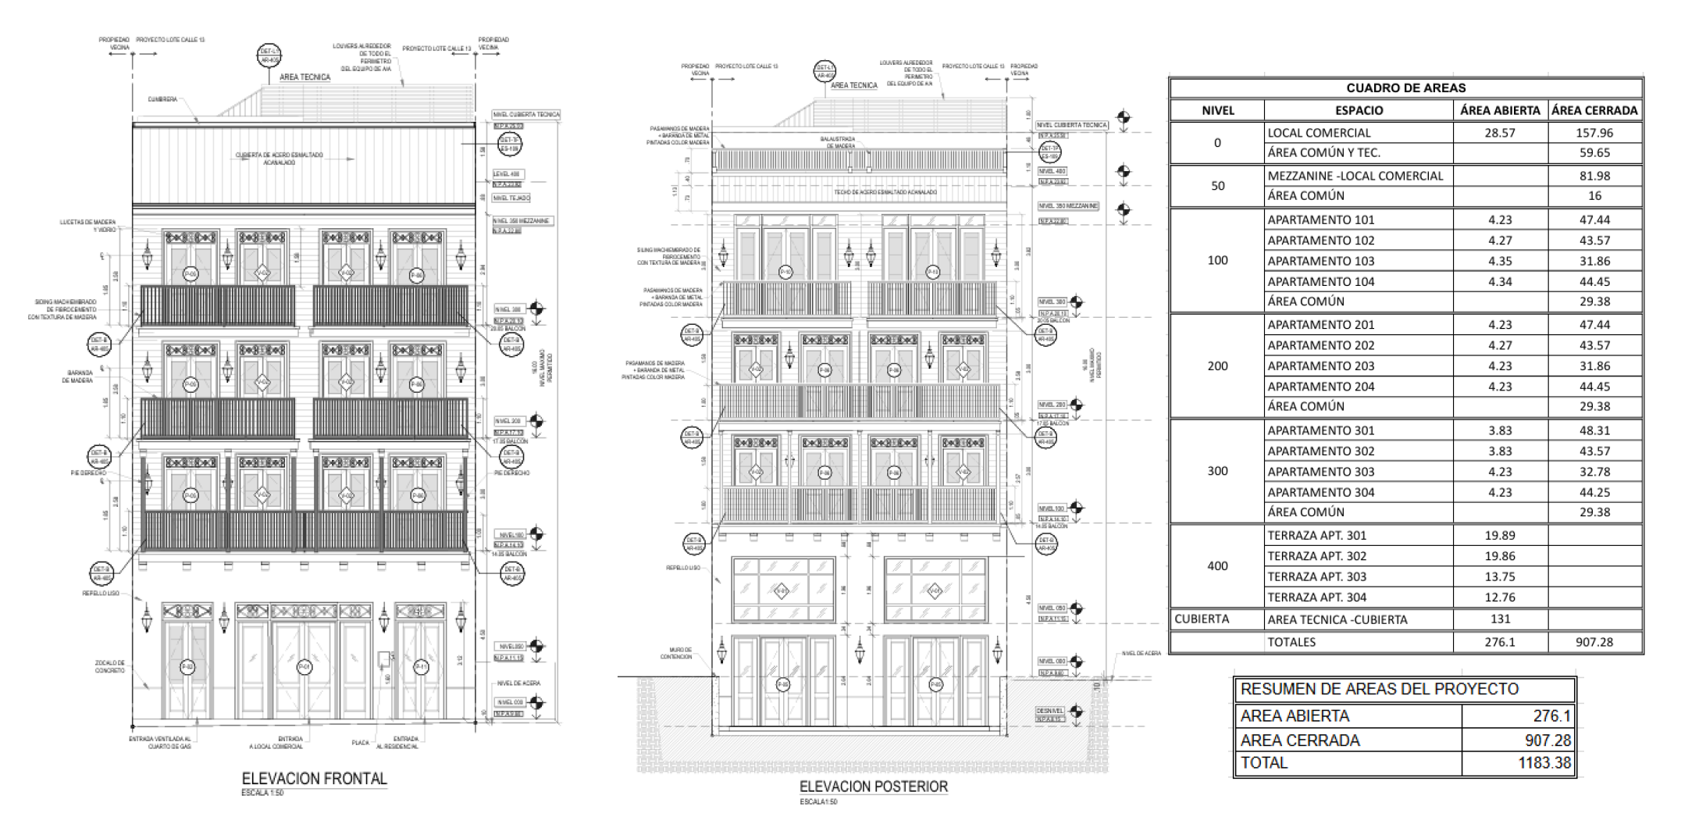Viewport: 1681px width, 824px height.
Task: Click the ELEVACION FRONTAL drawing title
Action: (x=314, y=779)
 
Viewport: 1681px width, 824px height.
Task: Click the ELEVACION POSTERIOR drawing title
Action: (x=873, y=787)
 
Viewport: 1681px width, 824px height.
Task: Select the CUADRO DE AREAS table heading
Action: (x=1405, y=88)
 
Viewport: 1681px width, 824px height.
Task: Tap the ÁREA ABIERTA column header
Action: (x=1500, y=111)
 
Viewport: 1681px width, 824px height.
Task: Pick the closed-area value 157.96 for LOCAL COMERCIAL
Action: (x=1594, y=133)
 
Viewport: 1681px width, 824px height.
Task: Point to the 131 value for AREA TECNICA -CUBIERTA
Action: (x=1500, y=619)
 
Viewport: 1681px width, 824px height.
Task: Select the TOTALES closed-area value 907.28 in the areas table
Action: (x=1594, y=642)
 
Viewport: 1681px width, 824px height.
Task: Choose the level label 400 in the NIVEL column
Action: (x=1217, y=566)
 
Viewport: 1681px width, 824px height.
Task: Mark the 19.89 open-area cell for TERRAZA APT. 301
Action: (x=1500, y=536)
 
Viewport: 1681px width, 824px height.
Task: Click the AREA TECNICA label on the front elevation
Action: (x=305, y=77)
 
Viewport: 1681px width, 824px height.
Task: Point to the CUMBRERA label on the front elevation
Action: (x=162, y=99)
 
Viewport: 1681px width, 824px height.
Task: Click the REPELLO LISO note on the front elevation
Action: (x=101, y=594)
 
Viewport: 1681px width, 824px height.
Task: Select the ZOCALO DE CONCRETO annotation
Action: (x=110, y=666)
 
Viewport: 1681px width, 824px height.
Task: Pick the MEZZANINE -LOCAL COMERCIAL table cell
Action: (x=1355, y=177)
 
